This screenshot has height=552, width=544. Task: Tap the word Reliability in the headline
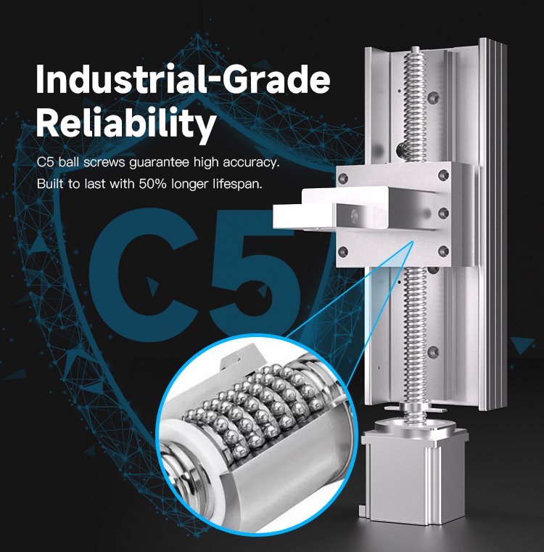[126, 123]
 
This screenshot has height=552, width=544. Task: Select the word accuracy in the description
[251, 163]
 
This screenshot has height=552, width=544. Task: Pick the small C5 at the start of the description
[46, 163]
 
